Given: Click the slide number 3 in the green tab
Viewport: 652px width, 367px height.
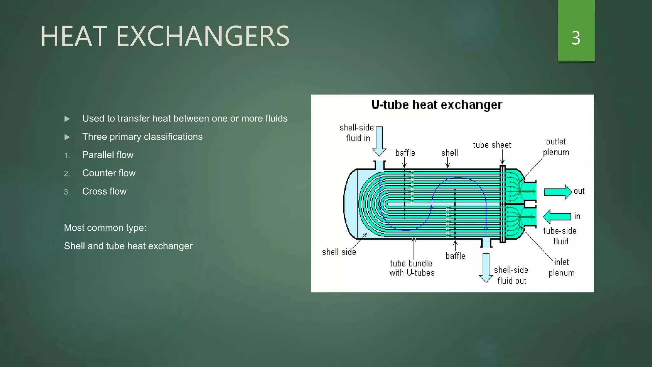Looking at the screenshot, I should click(576, 38).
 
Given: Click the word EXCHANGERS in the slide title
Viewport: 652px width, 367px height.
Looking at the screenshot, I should click(203, 36).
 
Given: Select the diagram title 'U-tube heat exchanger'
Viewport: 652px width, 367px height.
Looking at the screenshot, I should click(436, 105).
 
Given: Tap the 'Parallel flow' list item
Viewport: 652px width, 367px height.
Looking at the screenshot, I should click(108, 155).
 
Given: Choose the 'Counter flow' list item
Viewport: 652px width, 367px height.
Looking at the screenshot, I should click(109, 173).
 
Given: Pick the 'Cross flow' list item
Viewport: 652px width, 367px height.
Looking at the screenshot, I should click(104, 191).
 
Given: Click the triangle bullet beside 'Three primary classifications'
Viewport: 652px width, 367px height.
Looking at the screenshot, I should click(67, 137).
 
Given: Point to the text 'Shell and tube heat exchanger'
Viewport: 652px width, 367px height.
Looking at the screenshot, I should click(128, 246).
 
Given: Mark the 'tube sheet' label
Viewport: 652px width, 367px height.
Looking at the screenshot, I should click(492, 145).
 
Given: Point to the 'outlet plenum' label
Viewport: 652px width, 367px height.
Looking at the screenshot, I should click(556, 147).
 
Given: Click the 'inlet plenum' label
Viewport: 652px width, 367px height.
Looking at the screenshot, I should click(561, 267).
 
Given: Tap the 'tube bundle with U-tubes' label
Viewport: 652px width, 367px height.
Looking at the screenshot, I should click(412, 268).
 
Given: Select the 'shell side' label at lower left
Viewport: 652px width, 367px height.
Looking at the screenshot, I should click(339, 252).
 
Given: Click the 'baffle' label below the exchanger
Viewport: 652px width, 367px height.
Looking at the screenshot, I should click(455, 256).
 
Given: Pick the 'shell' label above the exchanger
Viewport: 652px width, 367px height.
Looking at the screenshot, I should click(450, 153).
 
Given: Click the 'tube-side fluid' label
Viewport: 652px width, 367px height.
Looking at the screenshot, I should click(560, 236).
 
